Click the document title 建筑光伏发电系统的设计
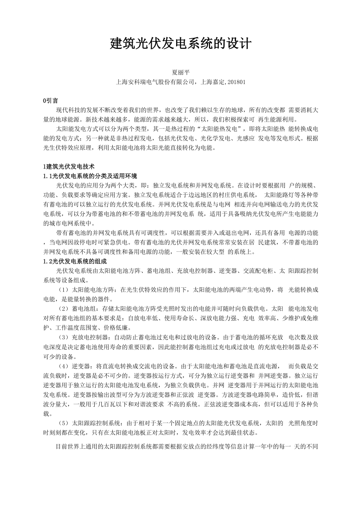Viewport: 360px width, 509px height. tap(180, 44)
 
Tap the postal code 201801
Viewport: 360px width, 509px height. tap(236, 82)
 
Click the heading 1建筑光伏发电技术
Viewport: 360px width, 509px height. tap(69, 167)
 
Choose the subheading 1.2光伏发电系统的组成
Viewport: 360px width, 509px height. tap(75, 261)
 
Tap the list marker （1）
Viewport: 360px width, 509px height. tap(63, 290)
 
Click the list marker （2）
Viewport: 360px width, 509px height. tap(63, 308)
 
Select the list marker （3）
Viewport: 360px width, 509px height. tap(63, 337)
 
